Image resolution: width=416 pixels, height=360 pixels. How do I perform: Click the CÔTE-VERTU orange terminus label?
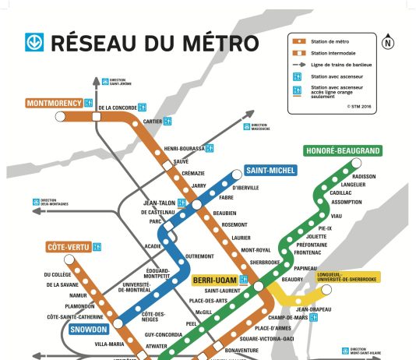point(68,247)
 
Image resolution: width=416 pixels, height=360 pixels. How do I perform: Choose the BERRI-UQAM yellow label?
point(214,280)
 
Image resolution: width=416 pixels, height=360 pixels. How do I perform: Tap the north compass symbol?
point(389,43)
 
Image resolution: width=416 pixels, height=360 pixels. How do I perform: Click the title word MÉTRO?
point(194,42)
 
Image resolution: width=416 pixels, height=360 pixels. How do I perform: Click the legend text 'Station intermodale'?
point(330,52)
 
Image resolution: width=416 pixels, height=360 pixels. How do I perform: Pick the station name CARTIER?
point(153,121)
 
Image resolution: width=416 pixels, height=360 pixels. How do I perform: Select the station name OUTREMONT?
point(200,256)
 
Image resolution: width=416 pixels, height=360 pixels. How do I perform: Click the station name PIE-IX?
point(323,228)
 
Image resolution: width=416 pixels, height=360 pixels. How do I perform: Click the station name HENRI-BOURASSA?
point(185,148)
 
